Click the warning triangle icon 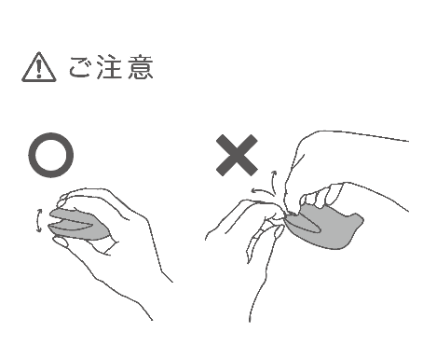39,67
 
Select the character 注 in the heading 108,67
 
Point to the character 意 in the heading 141,67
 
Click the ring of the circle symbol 31,156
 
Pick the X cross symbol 237,155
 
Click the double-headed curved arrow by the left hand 38,221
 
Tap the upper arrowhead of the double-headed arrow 40,211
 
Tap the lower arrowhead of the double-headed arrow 39,230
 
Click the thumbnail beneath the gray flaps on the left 61,242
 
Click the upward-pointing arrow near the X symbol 274,183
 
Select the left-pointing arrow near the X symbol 264,191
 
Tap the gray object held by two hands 324,226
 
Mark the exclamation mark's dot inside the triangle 39,75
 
